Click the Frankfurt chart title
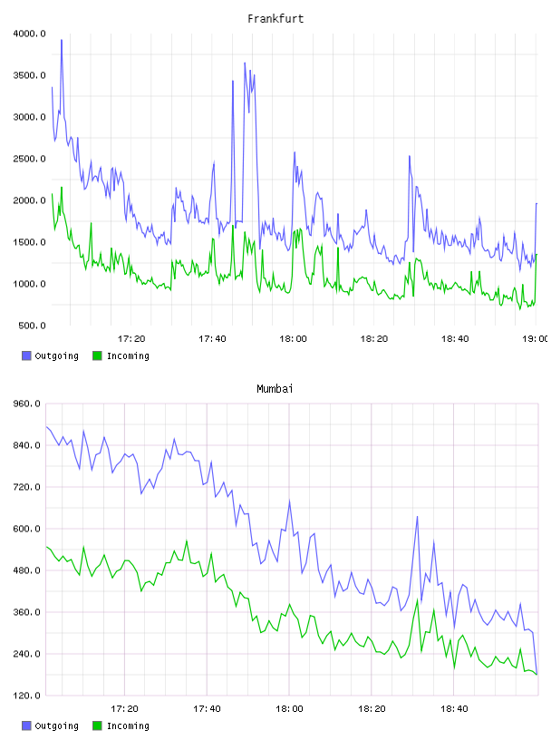coord(275,19)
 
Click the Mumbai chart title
coord(275,389)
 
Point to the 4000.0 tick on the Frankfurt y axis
coord(30,34)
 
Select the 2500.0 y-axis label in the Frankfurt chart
coord(30,159)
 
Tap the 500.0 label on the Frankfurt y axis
coord(32,326)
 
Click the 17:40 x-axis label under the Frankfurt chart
coord(212,339)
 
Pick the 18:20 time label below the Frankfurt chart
coord(374,339)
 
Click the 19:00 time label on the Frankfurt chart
coord(536,339)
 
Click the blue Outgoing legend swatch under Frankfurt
coord(26,355)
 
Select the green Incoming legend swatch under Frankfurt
coord(97,355)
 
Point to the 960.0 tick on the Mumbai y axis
coord(27,404)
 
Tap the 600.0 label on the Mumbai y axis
coord(27,529)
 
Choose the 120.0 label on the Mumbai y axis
coord(27,696)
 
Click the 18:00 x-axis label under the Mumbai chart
coord(289,709)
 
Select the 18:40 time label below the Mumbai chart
coord(454,709)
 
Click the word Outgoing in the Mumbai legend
coord(56,726)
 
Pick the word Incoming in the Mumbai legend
coord(128,726)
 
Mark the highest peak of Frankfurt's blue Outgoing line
coord(62,40)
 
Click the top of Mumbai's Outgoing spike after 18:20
coord(417,517)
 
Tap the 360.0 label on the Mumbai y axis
coord(27,612)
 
